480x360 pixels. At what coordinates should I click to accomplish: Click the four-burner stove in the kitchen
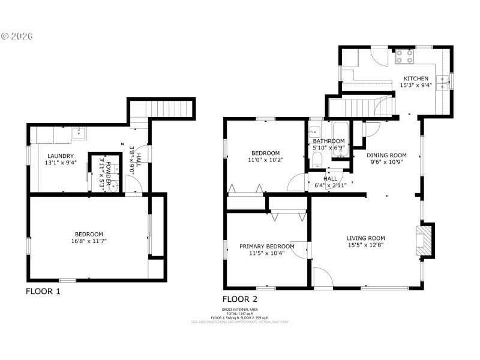(404, 56)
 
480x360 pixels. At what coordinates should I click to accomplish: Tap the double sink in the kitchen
(444, 81)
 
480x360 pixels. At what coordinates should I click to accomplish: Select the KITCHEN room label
(416, 79)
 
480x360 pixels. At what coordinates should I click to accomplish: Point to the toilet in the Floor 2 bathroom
(316, 158)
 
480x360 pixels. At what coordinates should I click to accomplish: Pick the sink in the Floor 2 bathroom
(314, 133)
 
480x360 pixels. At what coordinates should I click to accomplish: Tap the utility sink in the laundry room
(79, 133)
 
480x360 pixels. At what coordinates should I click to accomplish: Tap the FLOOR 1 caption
(43, 292)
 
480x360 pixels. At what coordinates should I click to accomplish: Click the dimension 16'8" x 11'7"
(89, 241)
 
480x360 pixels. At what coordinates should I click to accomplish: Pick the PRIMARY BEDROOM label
(266, 246)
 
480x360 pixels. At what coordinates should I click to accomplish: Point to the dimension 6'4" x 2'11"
(330, 185)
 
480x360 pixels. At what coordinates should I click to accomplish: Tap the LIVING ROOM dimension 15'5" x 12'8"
(365, 245)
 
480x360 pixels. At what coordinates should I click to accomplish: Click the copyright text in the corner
(17, 35)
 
